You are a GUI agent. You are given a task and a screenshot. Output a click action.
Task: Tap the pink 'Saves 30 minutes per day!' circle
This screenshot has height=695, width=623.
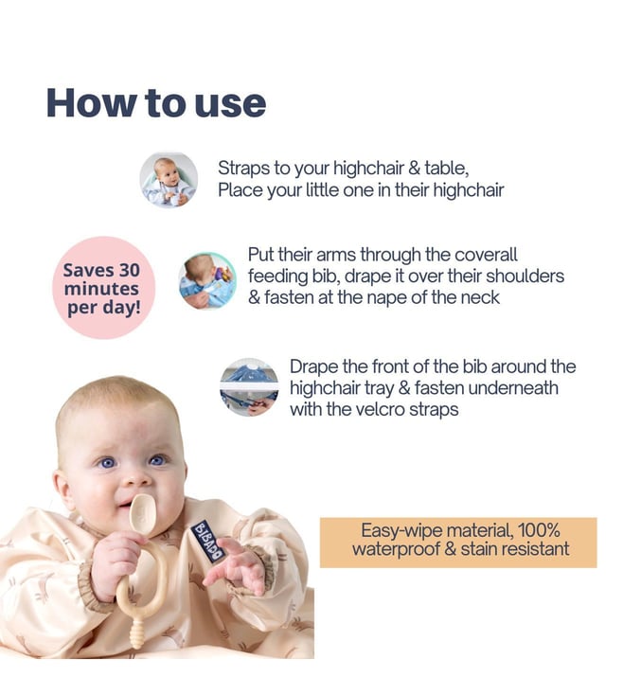pos(104,288)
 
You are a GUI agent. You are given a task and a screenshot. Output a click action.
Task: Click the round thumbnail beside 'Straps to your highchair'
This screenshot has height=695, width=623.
pos(169,179)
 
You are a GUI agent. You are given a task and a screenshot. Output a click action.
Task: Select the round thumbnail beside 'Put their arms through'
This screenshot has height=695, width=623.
pos(207,279)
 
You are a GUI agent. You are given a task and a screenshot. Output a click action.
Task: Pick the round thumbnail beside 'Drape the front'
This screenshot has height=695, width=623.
pos(249,387)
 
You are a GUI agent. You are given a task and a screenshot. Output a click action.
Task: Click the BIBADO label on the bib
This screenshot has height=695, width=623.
pos(208,542)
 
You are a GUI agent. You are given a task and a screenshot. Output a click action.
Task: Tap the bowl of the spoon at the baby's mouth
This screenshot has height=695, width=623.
pos(142,513)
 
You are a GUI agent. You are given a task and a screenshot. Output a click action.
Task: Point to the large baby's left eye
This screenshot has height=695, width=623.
pos(157,460)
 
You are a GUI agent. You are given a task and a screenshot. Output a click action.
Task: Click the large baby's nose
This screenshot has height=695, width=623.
pos(135,479)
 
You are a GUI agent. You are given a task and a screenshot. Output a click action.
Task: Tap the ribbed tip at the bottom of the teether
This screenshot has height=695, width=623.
pos(137,634)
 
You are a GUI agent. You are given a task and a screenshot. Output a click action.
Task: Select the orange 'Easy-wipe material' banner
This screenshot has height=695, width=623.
pos(458,543)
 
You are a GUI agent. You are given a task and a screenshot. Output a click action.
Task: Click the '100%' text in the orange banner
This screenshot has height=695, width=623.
pos(539,530)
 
